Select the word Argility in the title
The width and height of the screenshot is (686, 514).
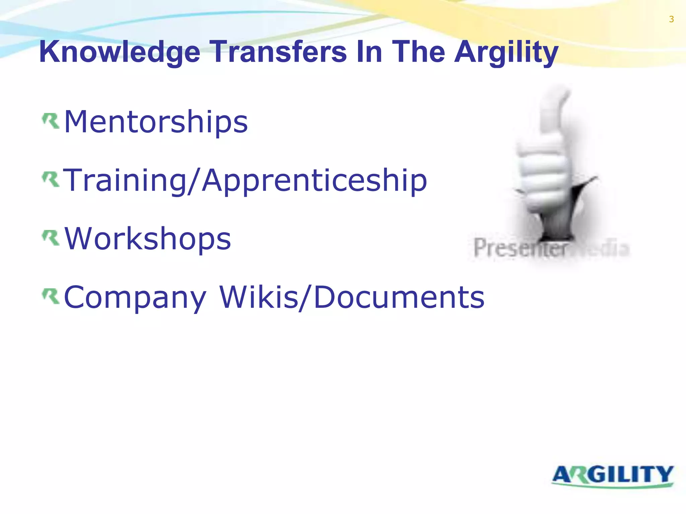click(x=506, y=52)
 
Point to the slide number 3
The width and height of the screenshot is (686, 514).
click(x=671, y=19)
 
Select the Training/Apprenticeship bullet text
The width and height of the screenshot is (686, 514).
click(x=245, y=180)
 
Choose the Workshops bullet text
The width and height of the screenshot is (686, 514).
click(x=147, y=239)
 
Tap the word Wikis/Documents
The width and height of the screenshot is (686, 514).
click(x=352, y=297)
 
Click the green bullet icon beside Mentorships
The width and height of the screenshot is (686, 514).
click(x=51, y=121)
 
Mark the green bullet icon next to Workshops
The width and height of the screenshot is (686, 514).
click(x=51, y=238)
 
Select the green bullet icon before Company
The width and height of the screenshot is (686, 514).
click(x=51, y=296)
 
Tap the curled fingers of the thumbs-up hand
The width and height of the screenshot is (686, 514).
click(x=543, y=167)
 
